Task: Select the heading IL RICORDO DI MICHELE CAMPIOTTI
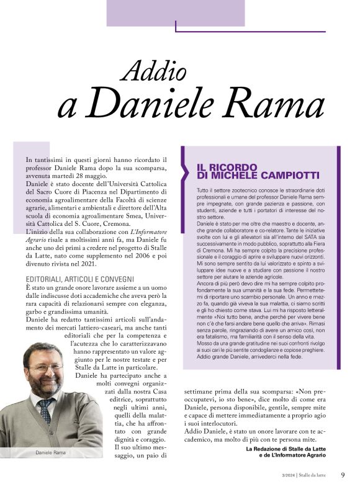[248, 171]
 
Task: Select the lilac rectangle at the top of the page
[176, 12]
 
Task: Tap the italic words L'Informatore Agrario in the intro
[148, 240]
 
